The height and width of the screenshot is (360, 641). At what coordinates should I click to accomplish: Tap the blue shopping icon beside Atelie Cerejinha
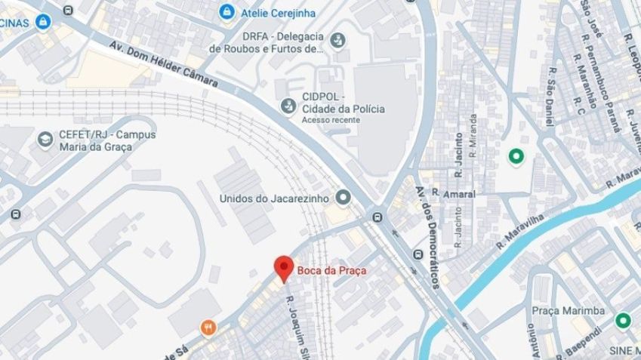point(225,12)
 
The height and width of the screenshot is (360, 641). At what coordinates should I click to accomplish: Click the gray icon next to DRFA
point(337,38)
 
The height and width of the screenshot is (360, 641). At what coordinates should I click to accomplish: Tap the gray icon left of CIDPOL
point(287,105)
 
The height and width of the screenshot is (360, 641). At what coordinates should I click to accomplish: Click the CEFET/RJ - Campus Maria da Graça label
point(94,140)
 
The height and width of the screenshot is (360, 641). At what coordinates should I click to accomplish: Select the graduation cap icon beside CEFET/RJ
point(45,140)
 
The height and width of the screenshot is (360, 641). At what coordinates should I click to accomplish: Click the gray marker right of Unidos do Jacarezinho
point(344,198)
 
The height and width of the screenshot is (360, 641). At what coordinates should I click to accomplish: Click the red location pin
point(283,269)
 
